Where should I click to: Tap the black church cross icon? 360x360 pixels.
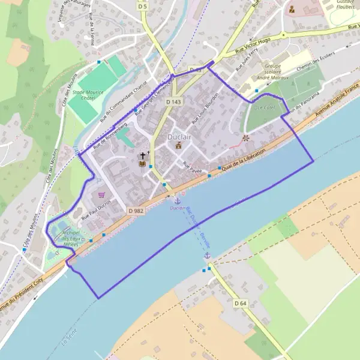[x=142, y=155]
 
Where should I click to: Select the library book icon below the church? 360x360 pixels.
[x=142, y=164]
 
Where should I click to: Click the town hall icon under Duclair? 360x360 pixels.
[x=178, y=145]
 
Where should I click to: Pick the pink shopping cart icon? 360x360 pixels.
[x=101, y=194]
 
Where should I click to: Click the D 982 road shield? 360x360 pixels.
[x=135, y=211]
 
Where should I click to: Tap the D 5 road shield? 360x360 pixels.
[x=142, y=6]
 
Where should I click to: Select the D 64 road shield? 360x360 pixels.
[x=241, y=303]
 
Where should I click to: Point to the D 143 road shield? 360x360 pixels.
[x=173, y=102]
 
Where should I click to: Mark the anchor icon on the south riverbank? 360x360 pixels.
[x=207, y=256]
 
